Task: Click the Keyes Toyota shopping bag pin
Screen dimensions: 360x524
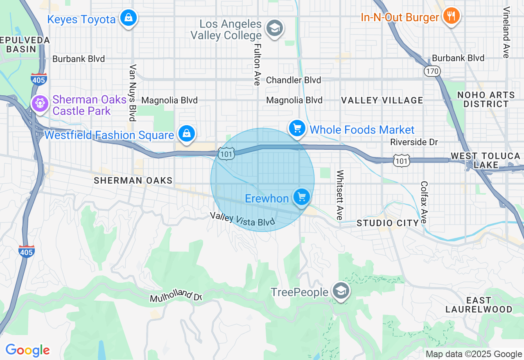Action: click(x=129, y=18)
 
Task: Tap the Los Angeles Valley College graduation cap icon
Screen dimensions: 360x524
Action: click(x=275, y=28)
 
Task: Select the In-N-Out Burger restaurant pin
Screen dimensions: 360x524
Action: click(x=451, y=16)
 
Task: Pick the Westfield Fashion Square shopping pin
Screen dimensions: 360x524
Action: click(x=187, y=133)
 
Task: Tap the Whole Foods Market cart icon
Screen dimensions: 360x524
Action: click(x=297, y=129)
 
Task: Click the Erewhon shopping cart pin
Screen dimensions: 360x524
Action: click(x=302, y=197)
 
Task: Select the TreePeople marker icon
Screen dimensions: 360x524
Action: click(x=341, y=290)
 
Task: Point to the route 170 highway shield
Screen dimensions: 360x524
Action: click(x=432, y=71)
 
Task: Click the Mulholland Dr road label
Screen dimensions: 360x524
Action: click(x=176, y=295)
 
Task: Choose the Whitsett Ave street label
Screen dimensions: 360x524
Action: click(x=339, y=195)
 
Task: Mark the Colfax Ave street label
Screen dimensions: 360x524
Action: click(x=424, y=202)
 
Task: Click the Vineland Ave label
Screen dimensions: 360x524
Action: click(x=506, y=32)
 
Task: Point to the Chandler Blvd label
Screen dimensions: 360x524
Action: click(x=293, y=80)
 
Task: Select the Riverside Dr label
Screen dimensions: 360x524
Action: click(x=414, y=142)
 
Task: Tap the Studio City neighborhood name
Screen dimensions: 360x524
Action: click(x=388, y=223)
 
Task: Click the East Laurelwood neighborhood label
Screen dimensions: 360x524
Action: click(x=479, y=305)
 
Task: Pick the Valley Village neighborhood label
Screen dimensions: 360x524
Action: click(x=382, y=100)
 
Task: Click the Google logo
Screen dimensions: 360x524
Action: click(x=27, y=351)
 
